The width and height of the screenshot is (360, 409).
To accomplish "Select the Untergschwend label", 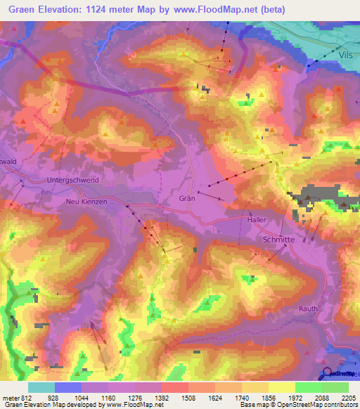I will tap(72, 180).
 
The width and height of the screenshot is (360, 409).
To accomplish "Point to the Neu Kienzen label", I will tap(85, 202).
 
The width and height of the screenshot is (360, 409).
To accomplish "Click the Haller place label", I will tap(257, 220).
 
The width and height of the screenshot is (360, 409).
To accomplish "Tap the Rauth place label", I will tap(308, 309).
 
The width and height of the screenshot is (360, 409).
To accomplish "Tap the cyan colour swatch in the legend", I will tap(41, 387).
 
